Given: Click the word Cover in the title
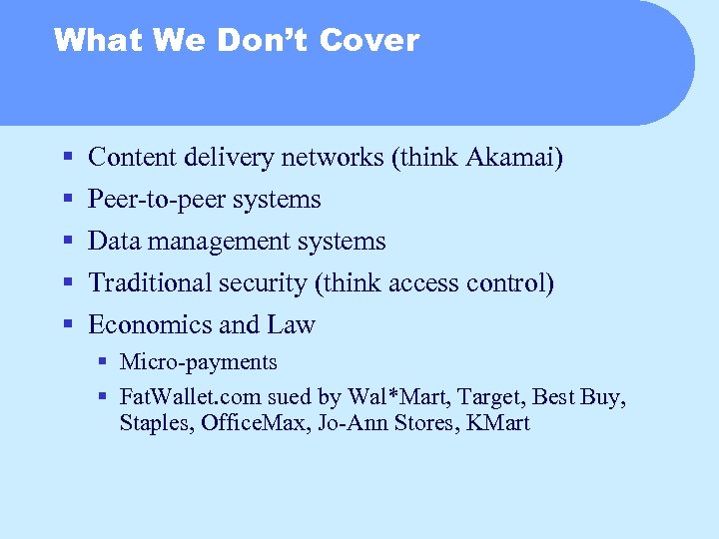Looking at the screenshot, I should coord(370,40).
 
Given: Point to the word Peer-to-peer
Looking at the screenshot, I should coord(157,200).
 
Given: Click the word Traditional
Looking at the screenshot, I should coord(148,283).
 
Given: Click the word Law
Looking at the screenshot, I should coord(292,325).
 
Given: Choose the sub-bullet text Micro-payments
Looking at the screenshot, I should coord(198,362).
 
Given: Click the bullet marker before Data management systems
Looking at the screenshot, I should coord(67,242).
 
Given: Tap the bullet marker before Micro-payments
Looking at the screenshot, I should coord(103,362).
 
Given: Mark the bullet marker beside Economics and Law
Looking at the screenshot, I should coord(67,325).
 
